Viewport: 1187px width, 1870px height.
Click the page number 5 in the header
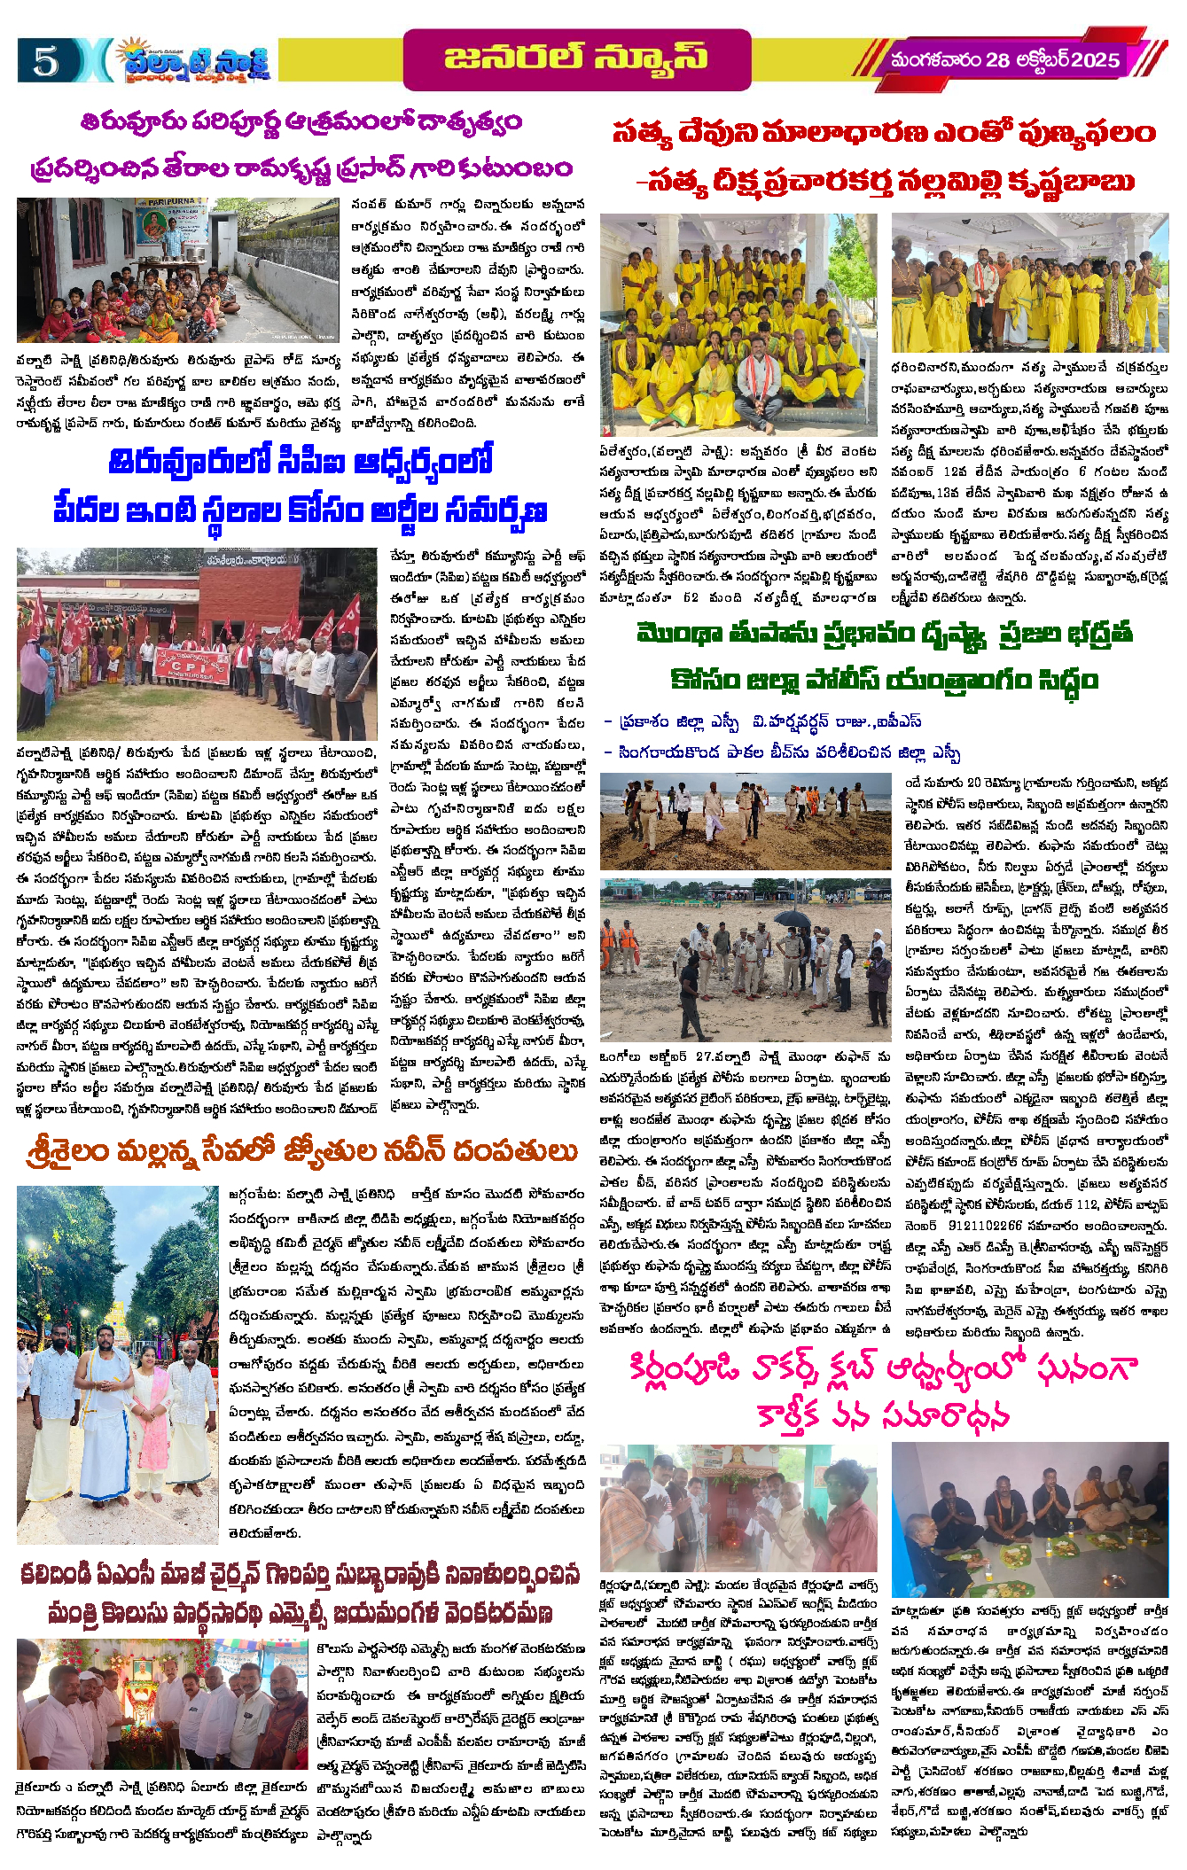tap(45, 60)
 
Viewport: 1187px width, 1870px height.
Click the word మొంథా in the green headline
tap(680, 635)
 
